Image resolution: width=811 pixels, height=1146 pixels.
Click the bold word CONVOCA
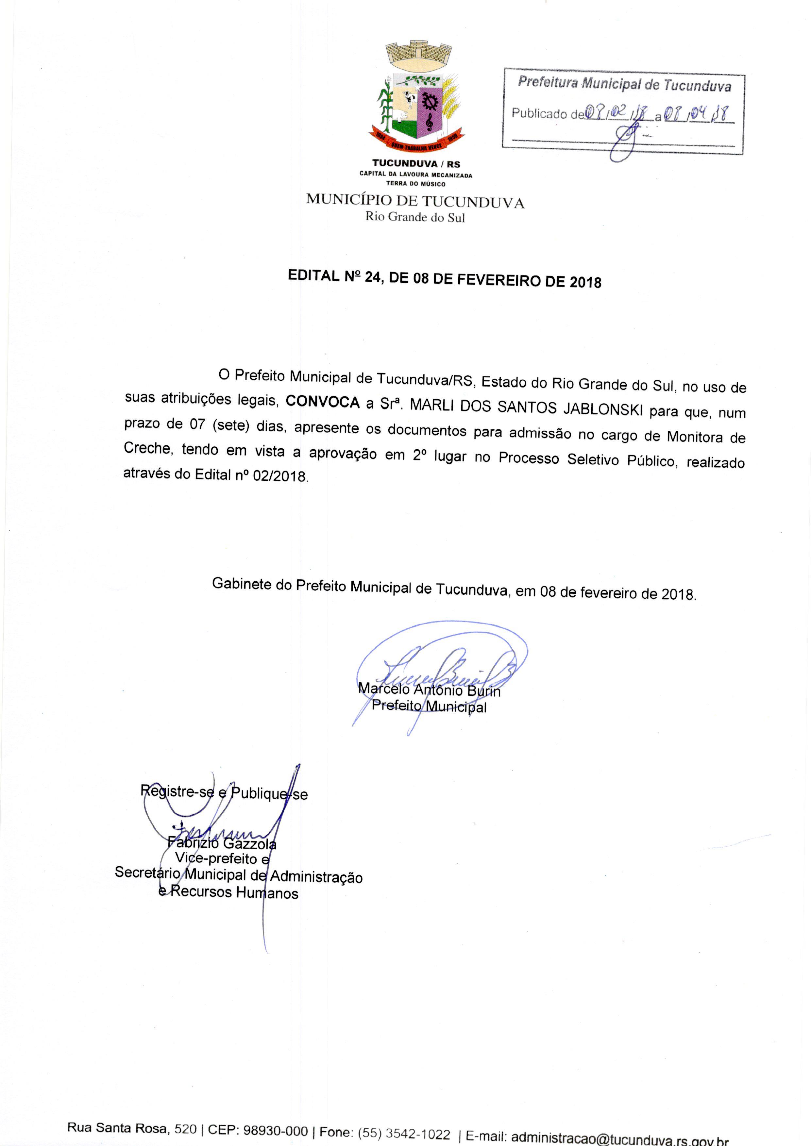323,402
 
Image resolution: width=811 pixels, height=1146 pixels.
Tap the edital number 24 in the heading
372,277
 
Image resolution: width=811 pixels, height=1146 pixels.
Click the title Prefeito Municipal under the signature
429,707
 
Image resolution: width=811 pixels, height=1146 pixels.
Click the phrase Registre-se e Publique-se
224,793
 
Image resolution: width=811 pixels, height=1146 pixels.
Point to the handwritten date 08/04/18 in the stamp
696,114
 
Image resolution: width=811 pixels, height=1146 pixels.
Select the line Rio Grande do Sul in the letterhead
415,217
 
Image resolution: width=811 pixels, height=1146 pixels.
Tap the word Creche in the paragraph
147,448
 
